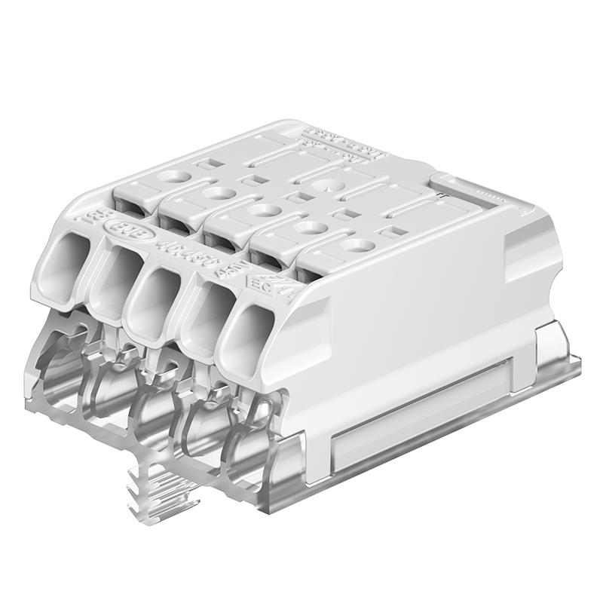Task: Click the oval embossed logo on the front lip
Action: (122, 227)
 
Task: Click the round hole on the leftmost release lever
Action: (175, 179)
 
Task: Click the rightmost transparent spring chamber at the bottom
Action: (249, 445)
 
